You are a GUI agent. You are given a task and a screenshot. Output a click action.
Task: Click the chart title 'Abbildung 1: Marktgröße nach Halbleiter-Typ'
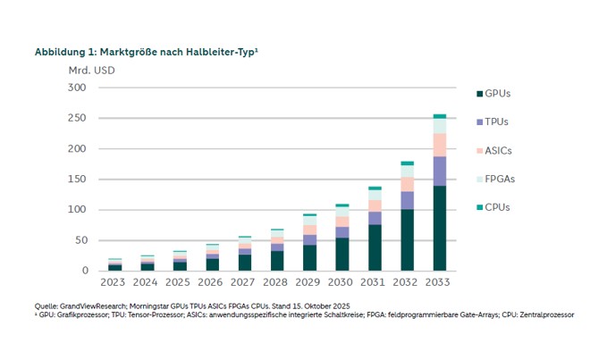point(147,52)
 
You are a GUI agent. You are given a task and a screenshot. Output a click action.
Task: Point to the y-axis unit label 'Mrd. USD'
point(91,70)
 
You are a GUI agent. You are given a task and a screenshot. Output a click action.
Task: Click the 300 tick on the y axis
point(78,88)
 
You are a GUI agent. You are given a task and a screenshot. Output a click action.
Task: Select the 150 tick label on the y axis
point(78,180)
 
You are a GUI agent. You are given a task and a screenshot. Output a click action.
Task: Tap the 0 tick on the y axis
point(84,271)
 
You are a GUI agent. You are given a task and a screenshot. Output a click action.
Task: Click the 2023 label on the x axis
point(114,283)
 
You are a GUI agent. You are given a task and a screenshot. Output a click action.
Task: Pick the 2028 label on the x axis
point(276,283)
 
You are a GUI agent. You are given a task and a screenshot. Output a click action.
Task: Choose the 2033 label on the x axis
point(439,283)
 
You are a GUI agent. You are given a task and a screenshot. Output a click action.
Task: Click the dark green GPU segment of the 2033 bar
point(439,228)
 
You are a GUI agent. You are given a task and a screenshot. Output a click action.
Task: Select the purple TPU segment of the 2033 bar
point(439,171)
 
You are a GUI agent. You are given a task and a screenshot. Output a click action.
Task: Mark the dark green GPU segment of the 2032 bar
point(407,239)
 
